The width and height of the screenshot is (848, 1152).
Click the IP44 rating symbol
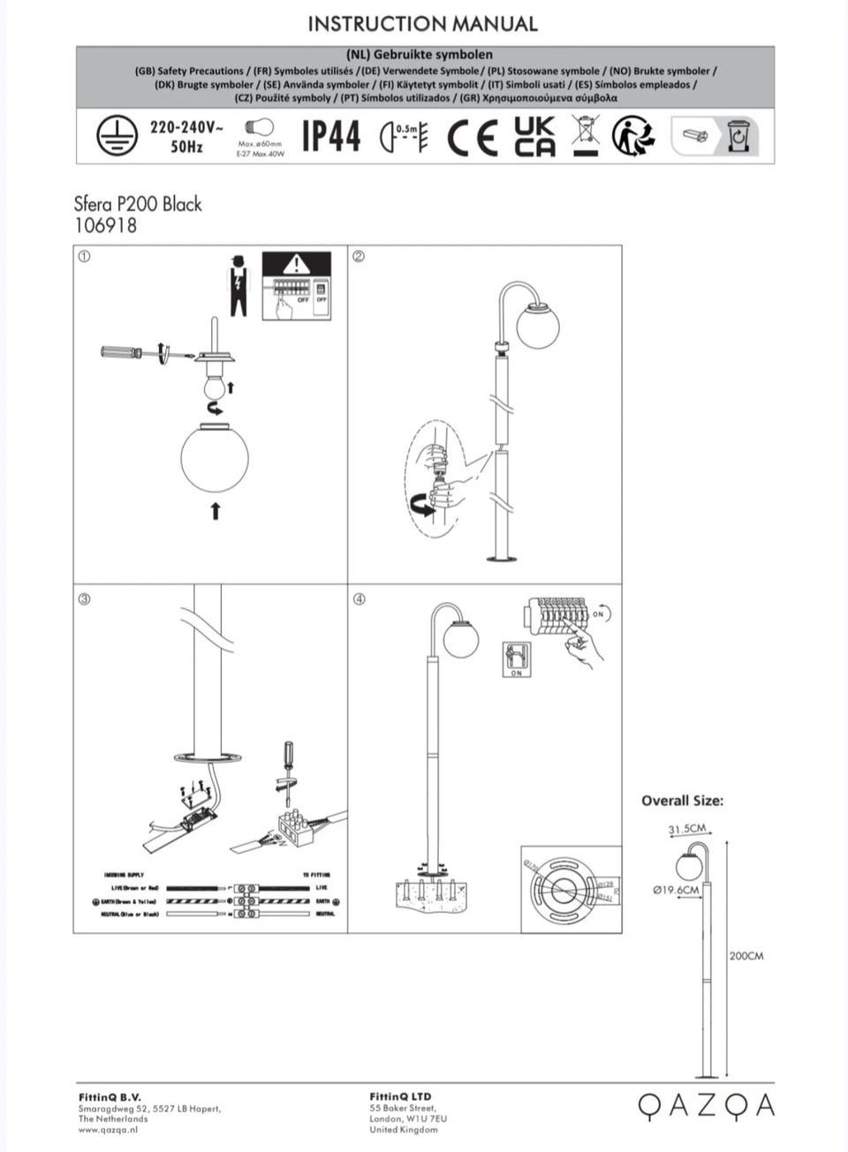331,136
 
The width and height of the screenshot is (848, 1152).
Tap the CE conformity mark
473,137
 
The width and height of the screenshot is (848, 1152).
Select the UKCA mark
535,136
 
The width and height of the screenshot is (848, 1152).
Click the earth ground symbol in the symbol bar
116,135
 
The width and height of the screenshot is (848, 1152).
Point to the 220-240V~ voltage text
186,126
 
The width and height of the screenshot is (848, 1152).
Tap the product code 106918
105,225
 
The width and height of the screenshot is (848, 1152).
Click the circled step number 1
85,257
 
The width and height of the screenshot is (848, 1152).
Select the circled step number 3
85,599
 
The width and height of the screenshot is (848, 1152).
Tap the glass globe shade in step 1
215,457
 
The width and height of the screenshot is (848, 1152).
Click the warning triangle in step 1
296,263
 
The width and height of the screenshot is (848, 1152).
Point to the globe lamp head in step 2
537,324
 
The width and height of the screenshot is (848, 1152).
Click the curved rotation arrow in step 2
423,506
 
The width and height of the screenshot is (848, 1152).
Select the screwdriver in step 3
287,764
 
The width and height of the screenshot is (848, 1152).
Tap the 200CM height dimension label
746,956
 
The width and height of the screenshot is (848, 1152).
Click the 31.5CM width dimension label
686,829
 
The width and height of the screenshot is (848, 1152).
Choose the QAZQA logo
706,1105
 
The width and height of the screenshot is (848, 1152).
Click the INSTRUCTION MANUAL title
422,24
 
